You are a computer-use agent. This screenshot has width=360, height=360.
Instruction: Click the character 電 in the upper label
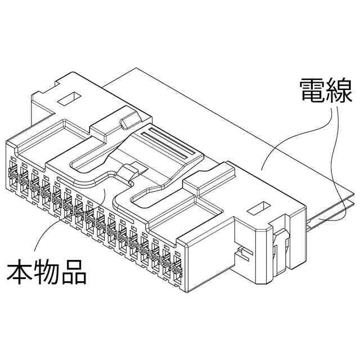click(311, 91)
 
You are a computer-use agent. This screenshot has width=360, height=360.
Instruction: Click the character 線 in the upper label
click(339, 91)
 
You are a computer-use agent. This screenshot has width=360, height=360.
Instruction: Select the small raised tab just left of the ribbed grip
click(129, 120)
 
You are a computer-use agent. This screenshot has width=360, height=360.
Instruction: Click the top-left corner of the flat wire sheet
click(135, 69)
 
